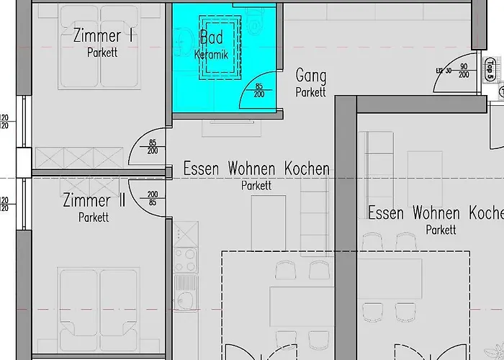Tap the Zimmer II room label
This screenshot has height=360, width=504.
click(x=94, y=200)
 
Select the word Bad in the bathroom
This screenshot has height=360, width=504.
click(x=211, y=37)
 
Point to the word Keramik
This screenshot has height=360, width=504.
click(x=210, y=54)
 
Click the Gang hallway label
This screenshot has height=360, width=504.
click(x=311, y=76)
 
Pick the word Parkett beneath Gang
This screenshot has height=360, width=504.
click(x=311, y=92)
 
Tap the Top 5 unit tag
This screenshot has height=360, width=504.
click(x=490, y=72)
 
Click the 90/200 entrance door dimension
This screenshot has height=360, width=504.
click(x=464, y=71)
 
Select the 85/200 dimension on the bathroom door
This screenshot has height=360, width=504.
click(x=259, y=91)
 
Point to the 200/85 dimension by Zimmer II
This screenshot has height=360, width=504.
click(x=153, y=199)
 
